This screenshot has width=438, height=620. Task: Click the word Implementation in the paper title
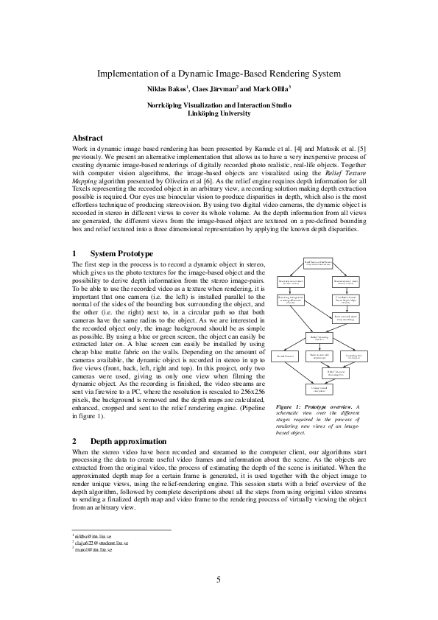tap(127, 74)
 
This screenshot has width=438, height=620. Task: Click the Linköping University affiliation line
tap(219, 113)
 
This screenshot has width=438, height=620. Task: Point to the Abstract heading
tap(92, 138)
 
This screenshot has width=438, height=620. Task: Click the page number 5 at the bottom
tap(219, 580)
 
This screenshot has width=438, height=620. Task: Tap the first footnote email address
tap(94, 536)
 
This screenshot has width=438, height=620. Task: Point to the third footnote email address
tap(93, 549)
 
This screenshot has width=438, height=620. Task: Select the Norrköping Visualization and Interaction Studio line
tap(219, 105)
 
